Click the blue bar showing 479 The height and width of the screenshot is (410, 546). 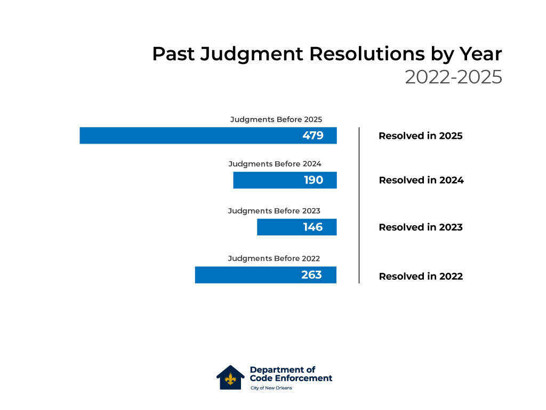pos(208,136)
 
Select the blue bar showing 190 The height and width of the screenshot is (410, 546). pos(285,180)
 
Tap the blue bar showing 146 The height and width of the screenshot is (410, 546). pos(296,227)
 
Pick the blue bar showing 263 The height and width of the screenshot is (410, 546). pos(266,275)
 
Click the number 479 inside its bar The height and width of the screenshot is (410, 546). pos(312,136)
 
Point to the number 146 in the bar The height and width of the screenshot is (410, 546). pos(312,227)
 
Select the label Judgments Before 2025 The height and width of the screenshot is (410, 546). pos(276,120)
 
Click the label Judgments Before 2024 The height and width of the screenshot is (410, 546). pos(275,164)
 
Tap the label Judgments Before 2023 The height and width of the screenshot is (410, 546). pos(274,211)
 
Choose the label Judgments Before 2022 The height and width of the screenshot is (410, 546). pos(274,258)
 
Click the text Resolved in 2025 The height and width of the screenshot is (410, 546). pos(420,136)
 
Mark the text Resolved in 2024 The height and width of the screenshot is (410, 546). pos(421,180)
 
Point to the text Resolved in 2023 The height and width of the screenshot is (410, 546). pos(420,227)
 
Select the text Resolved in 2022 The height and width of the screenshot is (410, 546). pos(421,277)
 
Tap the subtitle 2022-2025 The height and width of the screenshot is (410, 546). pos(453,77)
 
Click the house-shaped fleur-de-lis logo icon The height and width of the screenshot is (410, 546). pos(230,377)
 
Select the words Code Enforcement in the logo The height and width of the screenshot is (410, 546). pos(291,379)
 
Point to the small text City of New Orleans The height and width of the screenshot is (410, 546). pos(271,388)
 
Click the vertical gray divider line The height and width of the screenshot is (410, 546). pos(359,205)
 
